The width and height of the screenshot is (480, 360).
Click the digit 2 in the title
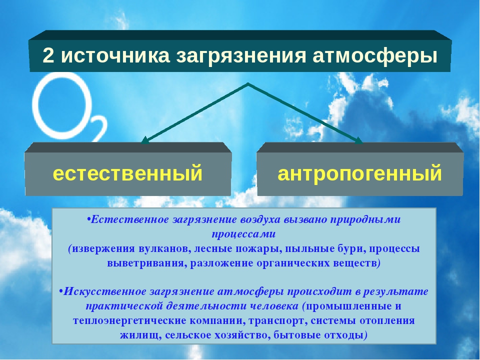pyautogui.click(x=48, y=55)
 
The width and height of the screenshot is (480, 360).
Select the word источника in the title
pyautogui.click(x=115, y=56)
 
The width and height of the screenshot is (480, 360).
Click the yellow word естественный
pyautogui.click(x=127, y=173)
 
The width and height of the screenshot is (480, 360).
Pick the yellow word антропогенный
pyautogui.click(x=359, y=173)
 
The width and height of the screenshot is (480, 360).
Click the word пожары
pyautogui.click(x=258, y=249)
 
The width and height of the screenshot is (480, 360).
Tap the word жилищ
pyautogui.click(x=140, y=335)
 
